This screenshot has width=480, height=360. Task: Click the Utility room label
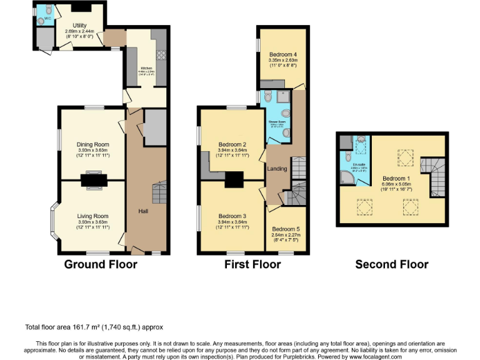tap(79, 24)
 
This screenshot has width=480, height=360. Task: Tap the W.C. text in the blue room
tap(46, 18)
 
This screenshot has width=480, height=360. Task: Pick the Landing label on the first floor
tap(277, 169)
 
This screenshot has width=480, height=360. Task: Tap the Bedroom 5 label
tap(286, 229)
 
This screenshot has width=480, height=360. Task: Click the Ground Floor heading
tap(101, 264)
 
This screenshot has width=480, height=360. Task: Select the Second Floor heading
tap(392, 264)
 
